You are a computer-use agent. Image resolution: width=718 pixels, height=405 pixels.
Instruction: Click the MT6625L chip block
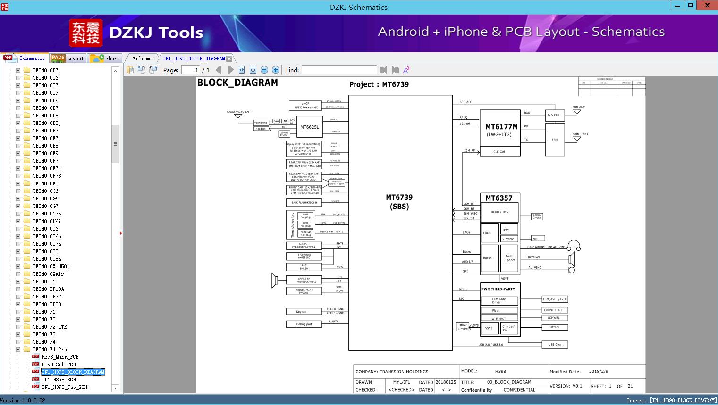tap(309, 127)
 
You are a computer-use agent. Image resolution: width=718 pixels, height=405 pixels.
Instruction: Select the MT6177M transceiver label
tap(501, 127)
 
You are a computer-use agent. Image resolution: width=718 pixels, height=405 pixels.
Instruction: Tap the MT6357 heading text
tap(499, 198)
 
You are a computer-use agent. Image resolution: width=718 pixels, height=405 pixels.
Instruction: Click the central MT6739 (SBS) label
tap(399, 202)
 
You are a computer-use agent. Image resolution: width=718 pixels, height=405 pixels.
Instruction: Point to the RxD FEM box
tap(553, 115)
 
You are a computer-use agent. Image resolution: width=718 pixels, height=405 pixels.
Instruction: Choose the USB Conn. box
tap(556, 345)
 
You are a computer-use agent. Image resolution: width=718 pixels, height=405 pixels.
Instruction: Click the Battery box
tap(554, 327)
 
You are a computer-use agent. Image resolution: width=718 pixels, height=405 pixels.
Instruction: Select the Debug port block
tap(304, 324)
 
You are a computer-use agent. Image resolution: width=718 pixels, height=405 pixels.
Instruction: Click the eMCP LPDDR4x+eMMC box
tap(305, 106)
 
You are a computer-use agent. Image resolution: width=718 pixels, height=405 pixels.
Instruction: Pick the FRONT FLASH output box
tap(554, 310)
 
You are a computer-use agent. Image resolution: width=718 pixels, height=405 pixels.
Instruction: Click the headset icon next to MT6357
tap(574, 246)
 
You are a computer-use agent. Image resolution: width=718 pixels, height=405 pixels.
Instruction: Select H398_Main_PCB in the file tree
tap(60, 357)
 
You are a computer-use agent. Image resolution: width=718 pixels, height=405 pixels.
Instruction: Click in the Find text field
tap(339, 70)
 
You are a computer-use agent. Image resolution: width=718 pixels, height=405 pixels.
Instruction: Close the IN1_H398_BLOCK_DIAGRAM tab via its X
tap(229, 58)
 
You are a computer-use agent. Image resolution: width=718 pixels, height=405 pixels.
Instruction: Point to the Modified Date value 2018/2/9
tap(599, 372)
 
